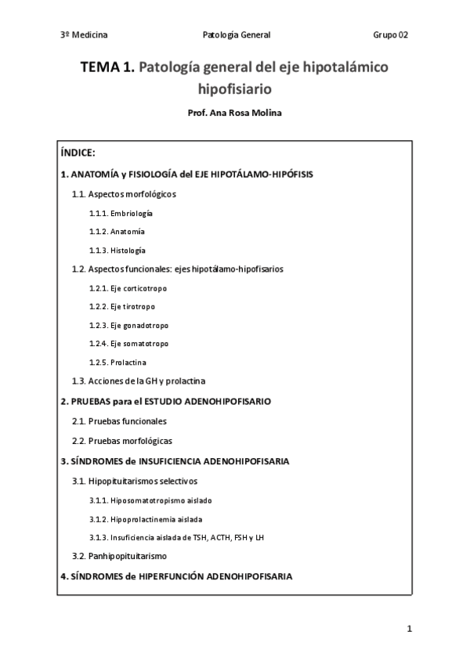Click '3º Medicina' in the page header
(x=84, y=35)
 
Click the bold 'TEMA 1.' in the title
(x=107, y=68)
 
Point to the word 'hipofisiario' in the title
(x=235, y=89)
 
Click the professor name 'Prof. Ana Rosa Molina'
(x=235, y=113)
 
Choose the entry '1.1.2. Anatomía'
(x=117, y=232)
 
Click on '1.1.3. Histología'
(x=117, y=251)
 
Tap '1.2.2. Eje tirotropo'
(x=122, y=306)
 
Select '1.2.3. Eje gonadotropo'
(x=128, y=325)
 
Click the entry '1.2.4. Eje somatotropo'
(x=128, y=344)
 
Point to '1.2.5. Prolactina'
(x=117, y=363)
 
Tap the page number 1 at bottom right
(x=409, y=629)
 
